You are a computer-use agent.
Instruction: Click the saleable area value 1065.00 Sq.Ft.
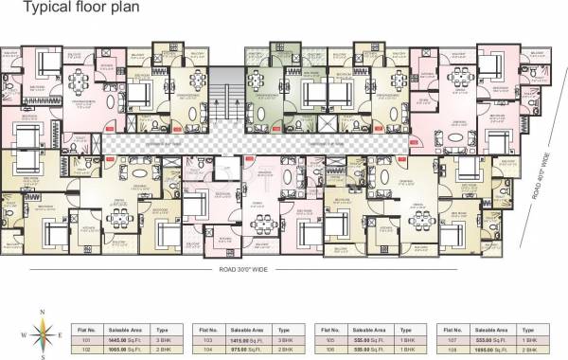126,346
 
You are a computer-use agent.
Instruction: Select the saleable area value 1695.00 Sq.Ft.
491,346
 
